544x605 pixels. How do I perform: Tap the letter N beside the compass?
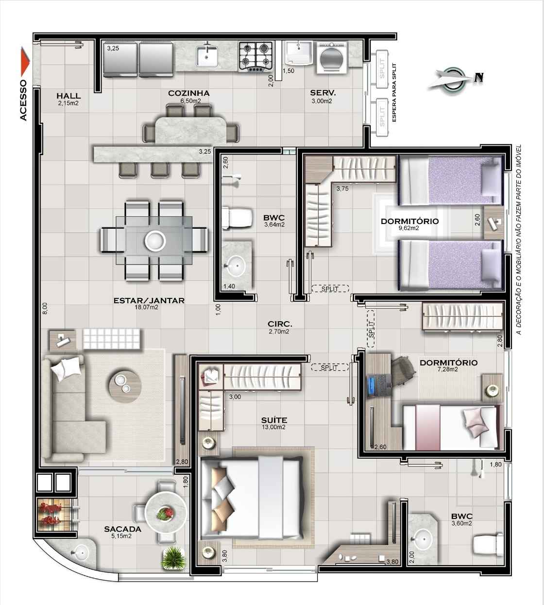click(479, 78)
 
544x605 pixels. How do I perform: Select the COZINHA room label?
click(188, 93)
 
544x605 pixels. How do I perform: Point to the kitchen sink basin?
click(207, 57)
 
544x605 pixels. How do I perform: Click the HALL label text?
click(68, 96)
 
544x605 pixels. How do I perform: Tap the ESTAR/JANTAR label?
click(149, 300)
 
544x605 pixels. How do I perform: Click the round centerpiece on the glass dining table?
click(155, 241)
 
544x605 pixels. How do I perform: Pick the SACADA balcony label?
click(122, 529)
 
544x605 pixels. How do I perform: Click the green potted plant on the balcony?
click(174, 558)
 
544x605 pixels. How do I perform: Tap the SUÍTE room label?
click(274, 420)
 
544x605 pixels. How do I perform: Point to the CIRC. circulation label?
click(280, 325)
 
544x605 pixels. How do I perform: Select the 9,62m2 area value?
click(408, 228)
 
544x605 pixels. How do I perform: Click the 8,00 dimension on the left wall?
click(45, 309)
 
